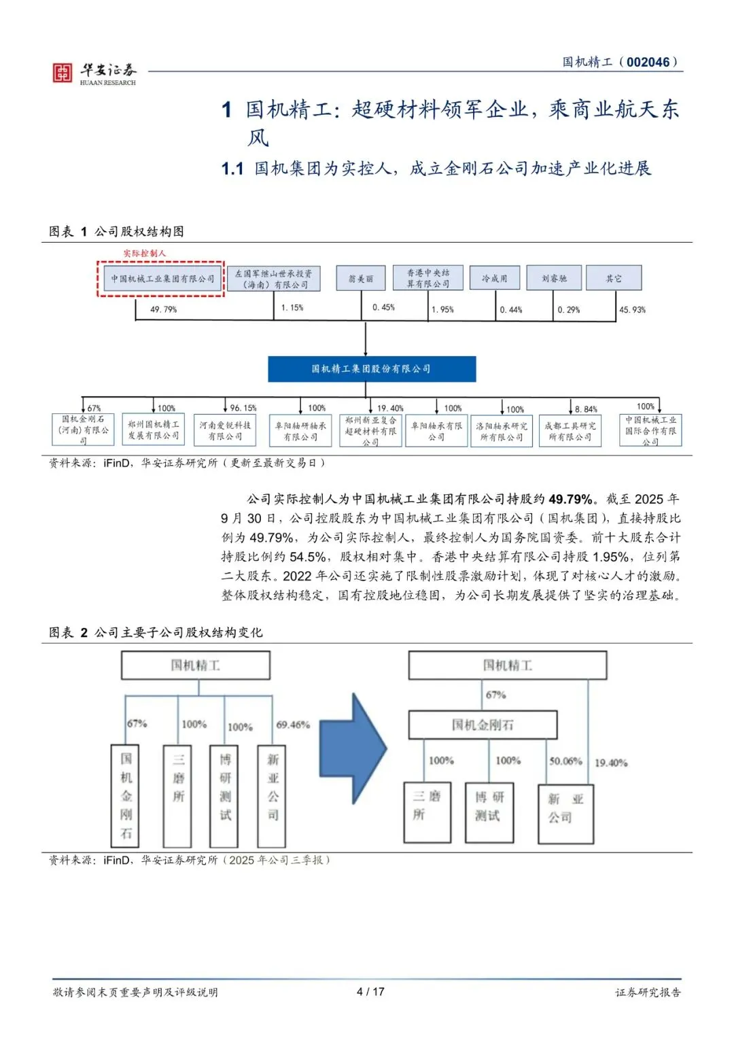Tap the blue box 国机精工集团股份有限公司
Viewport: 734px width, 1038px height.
pyautogui.click(x=371, y=369)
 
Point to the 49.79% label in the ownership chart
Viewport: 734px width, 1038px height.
pyautogui.click(x=163, y=309)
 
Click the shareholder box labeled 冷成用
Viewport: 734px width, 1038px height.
pyautogui.click(x=494, y=278)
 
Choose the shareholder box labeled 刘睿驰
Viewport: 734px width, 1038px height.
pyautogui.click(x=554, y=278)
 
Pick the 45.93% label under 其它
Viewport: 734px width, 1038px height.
pyautogui.click(x=632, y=310)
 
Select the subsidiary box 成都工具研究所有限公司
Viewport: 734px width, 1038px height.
pyautogui.click(x=570, y=431)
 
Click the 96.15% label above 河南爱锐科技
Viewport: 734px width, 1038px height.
pyautogui.click(x=243, y=408)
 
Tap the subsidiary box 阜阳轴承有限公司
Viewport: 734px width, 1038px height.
pyautogui.click(x=436, y=431)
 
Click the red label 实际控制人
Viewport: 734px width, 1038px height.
pyautogui.click(x=144, y=254)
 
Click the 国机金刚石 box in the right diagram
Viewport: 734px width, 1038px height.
pyautogui.click(x=483, y=725)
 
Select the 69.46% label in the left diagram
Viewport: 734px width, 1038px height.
pyautogui.click(x=293, y=725)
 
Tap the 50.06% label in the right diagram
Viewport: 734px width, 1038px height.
pyautogui.click(x=565, y=761)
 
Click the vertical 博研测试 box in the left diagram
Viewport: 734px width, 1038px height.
pyautogui.click(x=225, y=795)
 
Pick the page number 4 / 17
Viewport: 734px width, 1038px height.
pyautogui.click(x=370, y=992)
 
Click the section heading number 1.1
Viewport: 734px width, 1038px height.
pyautogui.click(x=232, y=169)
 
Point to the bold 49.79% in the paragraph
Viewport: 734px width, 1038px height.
pyautogui.click(x=570, y=499)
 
